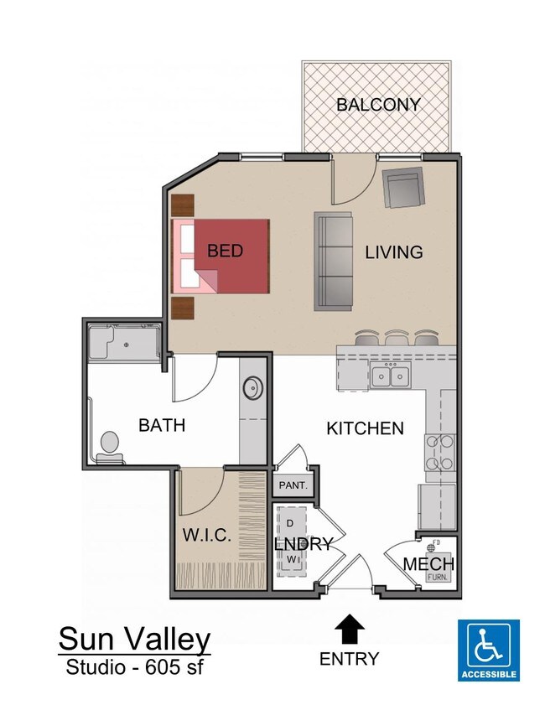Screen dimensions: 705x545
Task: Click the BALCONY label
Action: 378,105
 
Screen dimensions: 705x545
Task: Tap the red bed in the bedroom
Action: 230,255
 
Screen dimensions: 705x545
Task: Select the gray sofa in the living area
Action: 334,259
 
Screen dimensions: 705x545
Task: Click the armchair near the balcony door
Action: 403,188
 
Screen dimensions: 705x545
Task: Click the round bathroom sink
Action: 252,389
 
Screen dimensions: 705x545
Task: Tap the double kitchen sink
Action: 390,377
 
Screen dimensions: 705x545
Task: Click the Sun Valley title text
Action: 134,640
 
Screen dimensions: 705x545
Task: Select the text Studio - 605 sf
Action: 134,668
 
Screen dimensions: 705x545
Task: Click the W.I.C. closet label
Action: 206,535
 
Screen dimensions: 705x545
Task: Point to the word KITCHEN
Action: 365,428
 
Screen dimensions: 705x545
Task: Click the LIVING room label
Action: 394,251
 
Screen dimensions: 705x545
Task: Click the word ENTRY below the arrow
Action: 349,659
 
